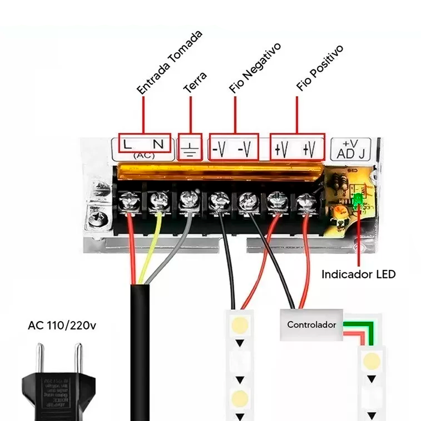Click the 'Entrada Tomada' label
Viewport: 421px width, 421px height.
pyautogui.click(x=169, y=63)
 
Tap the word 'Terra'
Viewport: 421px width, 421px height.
pyautogui.click(x=195, y=82)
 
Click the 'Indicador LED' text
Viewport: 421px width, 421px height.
pyautogui.click(x=359, y=274)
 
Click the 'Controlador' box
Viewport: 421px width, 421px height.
pyautogui.click(x=311, y=325)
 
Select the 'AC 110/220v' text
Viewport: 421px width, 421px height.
pyautogui.click(x=62, y=326)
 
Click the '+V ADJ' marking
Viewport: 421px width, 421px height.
pyautogui.click(x=351, y=149)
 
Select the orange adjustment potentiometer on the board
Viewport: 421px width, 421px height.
pyautogui.click(x=339, y=212)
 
